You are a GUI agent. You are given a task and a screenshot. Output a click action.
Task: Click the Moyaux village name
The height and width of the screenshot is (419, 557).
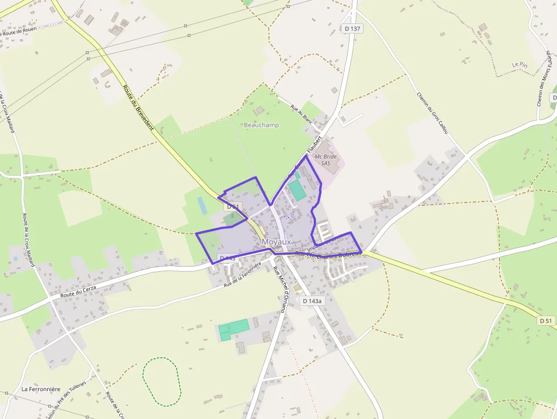coord(276,242)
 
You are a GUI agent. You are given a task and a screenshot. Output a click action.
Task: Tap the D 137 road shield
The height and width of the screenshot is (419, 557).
coord(352,28)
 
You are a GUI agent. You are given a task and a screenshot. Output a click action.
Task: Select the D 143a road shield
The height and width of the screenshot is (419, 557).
coord(312,301)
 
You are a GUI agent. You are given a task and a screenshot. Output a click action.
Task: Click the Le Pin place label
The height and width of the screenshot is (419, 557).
coord(519,65)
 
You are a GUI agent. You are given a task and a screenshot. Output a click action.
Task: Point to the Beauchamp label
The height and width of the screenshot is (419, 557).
coord(261,125)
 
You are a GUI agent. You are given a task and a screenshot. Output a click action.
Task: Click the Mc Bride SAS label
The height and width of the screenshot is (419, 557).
coord(326,159)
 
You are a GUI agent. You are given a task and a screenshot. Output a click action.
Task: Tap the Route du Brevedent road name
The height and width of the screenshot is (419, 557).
coord(138,107)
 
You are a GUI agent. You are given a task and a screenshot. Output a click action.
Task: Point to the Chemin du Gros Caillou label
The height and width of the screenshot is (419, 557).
coord(433,114)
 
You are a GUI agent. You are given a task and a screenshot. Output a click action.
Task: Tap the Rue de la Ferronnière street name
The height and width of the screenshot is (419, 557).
coord(242,274)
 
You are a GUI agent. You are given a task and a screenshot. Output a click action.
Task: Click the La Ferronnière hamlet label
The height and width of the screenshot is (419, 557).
coord(41,389)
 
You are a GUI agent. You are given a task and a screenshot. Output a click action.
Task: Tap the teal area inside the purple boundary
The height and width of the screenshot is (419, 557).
coord(297,190)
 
